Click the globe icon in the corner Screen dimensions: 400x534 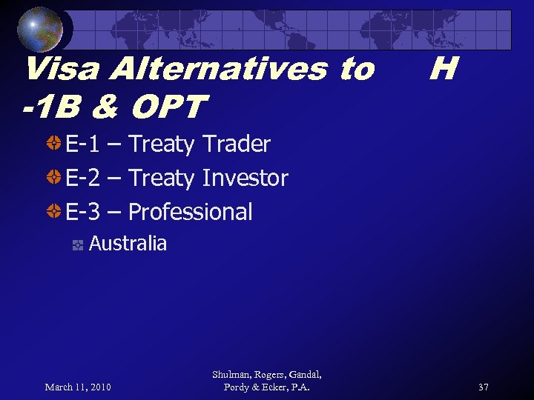pyautogui.click(x=40, y=29)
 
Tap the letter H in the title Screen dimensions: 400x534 pyautogui.click(x=442, y=70)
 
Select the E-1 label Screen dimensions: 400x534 pyautogui.click(x=82, y=144)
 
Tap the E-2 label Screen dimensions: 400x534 pyautogui.click(x=82, y=178)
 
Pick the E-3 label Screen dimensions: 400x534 pyautogui.click(x=82, y=212)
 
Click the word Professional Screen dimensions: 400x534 pyautogui.click(x=190, y=212)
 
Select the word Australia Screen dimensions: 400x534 pyautogui.click(x=128, y=243)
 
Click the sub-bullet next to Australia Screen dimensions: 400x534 pyautogui.click(x=77, y=245)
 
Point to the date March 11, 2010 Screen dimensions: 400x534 pyautogui.click(x=78, y=387)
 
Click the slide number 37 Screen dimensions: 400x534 pyautogui.click(x=483, y=387)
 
